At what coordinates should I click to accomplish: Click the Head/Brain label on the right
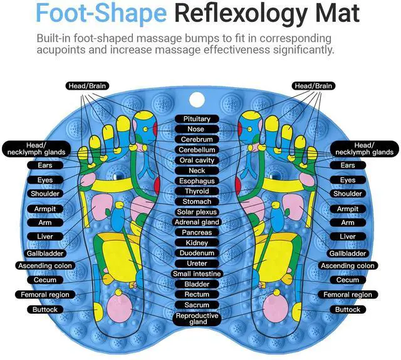313,85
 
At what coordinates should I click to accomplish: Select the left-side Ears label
45,165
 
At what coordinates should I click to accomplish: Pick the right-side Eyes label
347,180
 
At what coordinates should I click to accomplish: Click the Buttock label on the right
347,309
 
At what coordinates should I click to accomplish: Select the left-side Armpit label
45,209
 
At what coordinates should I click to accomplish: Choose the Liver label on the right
347,236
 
